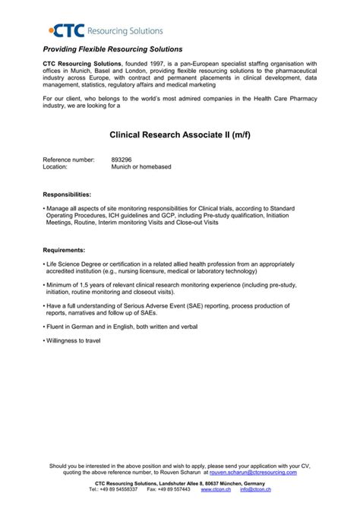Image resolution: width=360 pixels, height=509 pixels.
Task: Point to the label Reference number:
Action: (68, 160)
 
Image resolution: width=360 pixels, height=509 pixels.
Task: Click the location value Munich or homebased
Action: (141, 166)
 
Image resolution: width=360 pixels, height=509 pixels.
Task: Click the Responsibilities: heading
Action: (67, 194)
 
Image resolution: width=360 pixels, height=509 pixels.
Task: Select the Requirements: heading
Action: (64, 249)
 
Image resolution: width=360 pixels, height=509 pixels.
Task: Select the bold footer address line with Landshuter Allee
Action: (180, 482)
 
